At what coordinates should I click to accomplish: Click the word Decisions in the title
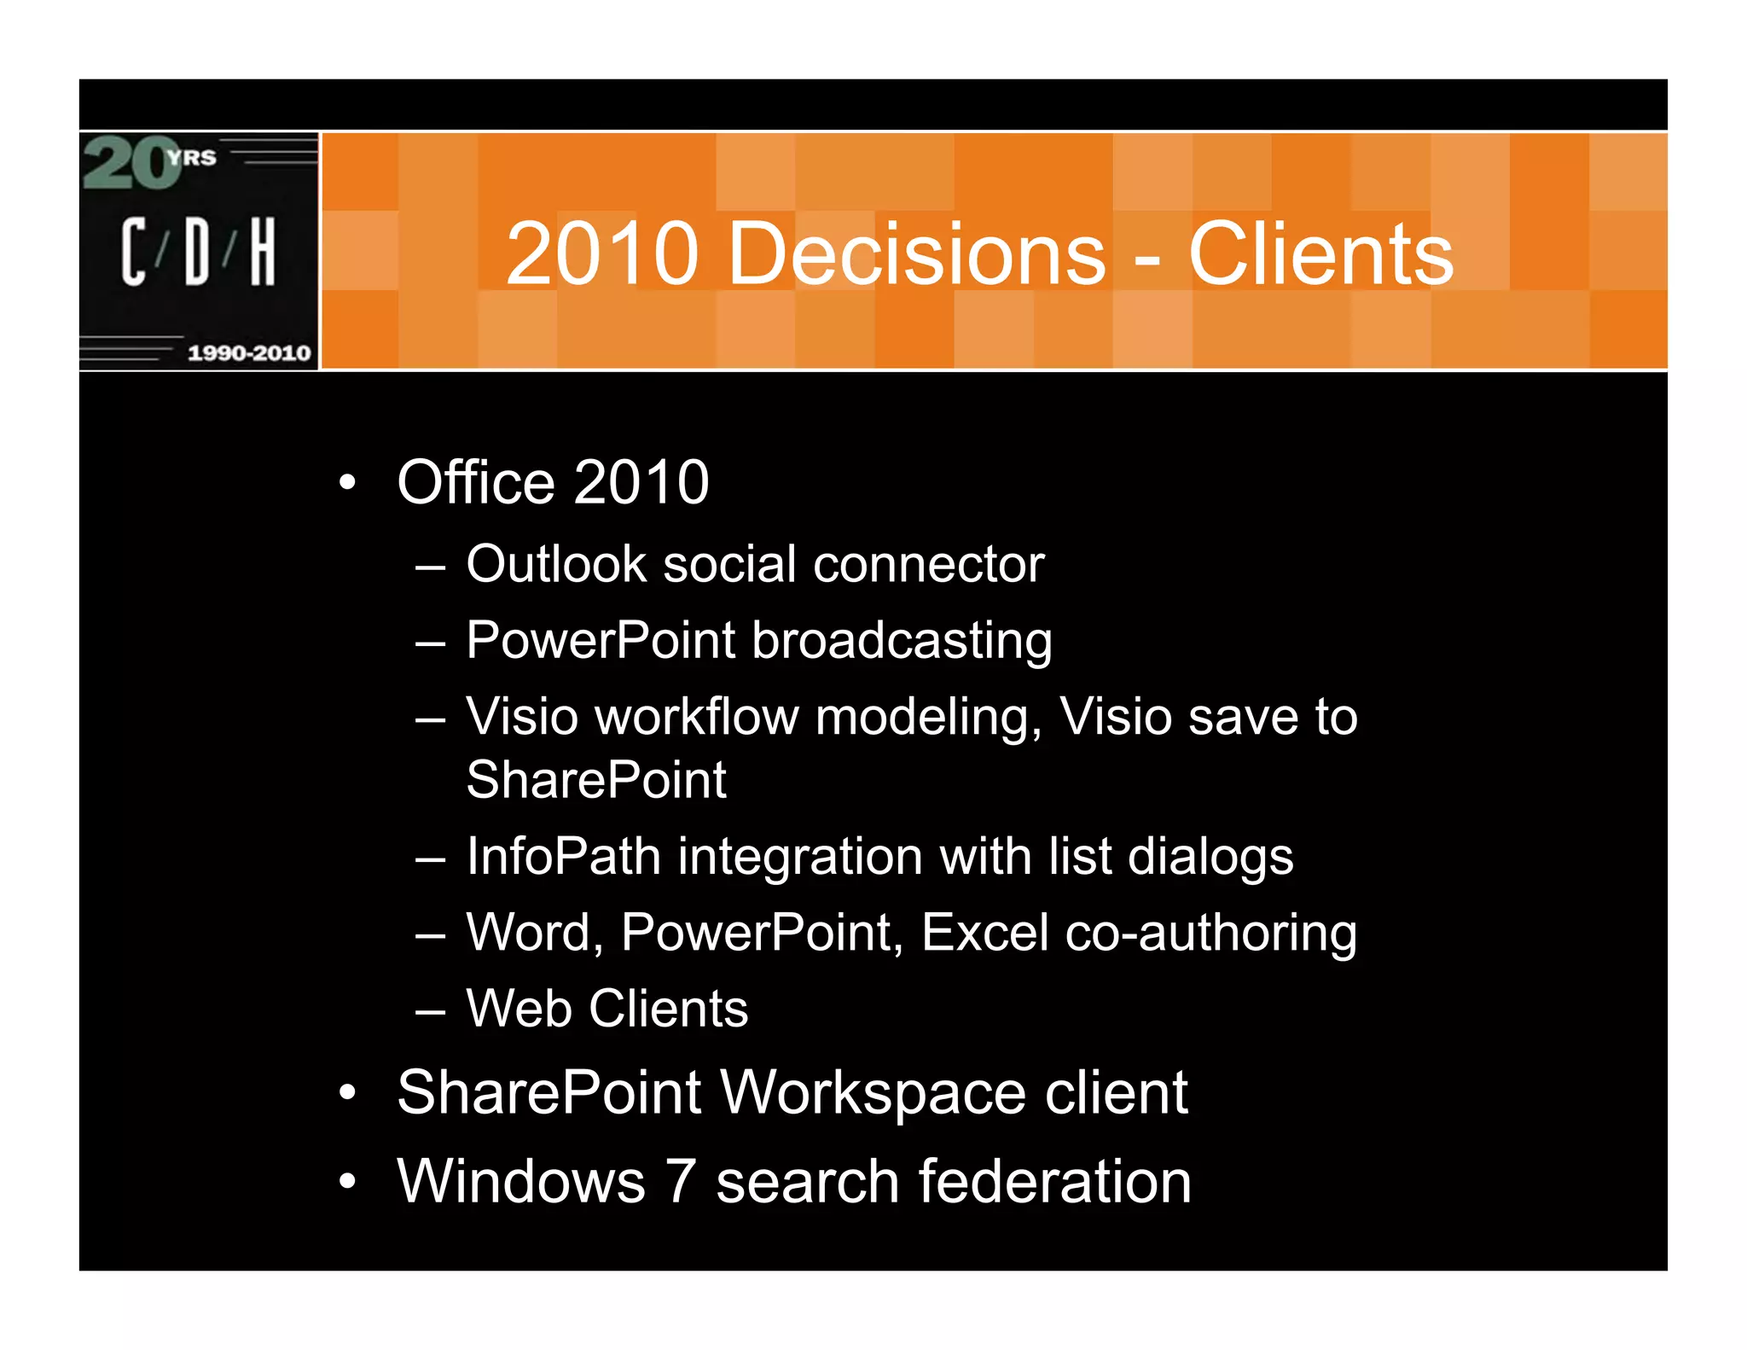coord(917,253)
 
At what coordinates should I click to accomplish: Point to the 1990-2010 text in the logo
coord(248,352)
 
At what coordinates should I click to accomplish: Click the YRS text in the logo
coord(191,158)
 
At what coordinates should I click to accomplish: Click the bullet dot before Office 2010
coord(346,483)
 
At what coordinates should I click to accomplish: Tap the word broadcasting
coord(902,641)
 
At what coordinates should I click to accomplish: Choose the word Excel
coord(984,932)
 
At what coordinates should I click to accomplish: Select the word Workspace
coord(873,1093)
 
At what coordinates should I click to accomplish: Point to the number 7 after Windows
coord(680,1182)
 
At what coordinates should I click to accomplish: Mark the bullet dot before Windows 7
coord(346,1182)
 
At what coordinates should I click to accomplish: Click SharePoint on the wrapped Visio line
coord(595,780)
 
